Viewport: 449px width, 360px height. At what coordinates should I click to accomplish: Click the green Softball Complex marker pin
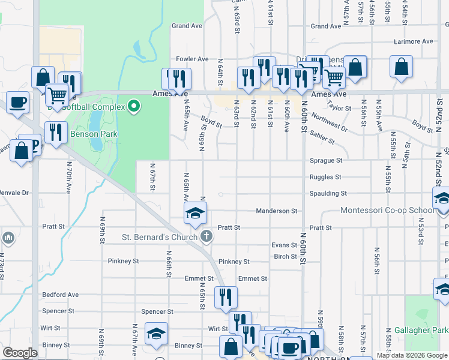click(134, 107)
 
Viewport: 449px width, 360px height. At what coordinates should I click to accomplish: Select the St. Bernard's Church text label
click(160, 236)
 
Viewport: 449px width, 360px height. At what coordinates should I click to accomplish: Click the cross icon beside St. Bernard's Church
click(206, 236)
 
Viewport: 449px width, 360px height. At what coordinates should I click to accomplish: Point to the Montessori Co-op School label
click(387, 211)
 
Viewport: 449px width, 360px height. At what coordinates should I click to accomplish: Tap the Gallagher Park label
click(421, 330)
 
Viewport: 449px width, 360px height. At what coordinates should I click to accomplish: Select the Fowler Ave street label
click(192, 59)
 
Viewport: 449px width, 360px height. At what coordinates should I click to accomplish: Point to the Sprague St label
click(325, 161)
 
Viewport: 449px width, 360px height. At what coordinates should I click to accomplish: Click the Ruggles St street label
click(325, 177)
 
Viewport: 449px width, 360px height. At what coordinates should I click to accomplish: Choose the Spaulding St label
click(327, 194)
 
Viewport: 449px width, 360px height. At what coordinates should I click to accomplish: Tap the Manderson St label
click(277, 211)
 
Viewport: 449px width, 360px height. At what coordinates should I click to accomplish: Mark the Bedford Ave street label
click(61, 295)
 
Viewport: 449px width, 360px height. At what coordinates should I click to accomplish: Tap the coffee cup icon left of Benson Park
click(17, 101)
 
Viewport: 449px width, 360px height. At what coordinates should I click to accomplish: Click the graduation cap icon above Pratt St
click(195, 213)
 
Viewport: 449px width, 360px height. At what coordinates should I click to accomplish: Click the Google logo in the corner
click(20, 353)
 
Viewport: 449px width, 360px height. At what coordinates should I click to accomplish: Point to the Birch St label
click(286, 257)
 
